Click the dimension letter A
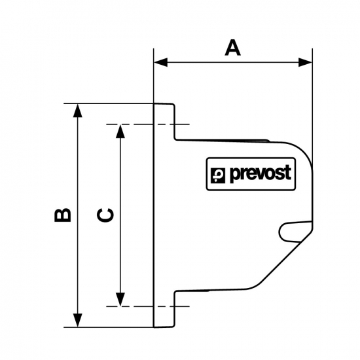(233, 48)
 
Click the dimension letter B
(62, 215)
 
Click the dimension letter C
(105, 215)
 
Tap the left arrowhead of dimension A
(161, 62)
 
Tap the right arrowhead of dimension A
(305, 62)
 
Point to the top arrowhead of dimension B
(78, 111)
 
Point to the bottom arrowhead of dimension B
(78, 320)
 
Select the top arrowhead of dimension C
(120, 132)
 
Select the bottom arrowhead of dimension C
(120, 299)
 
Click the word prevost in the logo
(261, 173)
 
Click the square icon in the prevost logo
(218, 176)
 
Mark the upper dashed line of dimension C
(148, 124)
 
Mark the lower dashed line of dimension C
(148, 306)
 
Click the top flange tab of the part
(164, 122)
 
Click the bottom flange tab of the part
(164, 309)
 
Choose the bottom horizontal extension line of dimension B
(109, 327)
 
